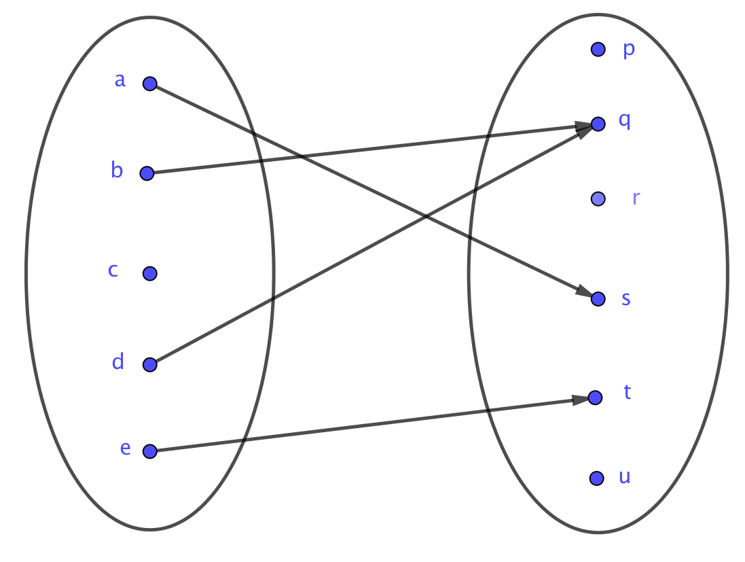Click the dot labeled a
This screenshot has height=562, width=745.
point(150,84)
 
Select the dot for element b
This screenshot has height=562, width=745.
point(147,173)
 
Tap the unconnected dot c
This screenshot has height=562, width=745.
point(150,273)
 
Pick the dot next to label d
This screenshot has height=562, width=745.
point(150,365)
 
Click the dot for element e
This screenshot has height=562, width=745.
point(150,451)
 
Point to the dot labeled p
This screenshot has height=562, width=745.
point(598,49)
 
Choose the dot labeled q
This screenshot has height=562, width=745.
point(598,124)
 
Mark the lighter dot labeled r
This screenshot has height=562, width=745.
point(598,199)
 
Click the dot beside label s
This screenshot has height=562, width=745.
point(598,299)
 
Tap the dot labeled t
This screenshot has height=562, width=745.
point(595,398)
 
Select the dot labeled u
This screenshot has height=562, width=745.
point(596,478)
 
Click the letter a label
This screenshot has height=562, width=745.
point(120,80)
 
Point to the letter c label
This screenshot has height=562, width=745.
point(113,270)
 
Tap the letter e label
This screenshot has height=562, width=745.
point(125,448)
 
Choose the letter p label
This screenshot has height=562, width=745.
point(629,50)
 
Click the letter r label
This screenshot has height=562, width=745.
point(636,198)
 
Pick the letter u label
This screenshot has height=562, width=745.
point(625,476)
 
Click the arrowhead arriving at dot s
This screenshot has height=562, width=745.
point(584,292)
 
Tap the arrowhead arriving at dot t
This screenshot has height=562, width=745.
point(580,400)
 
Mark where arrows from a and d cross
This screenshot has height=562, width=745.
point(426,217)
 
